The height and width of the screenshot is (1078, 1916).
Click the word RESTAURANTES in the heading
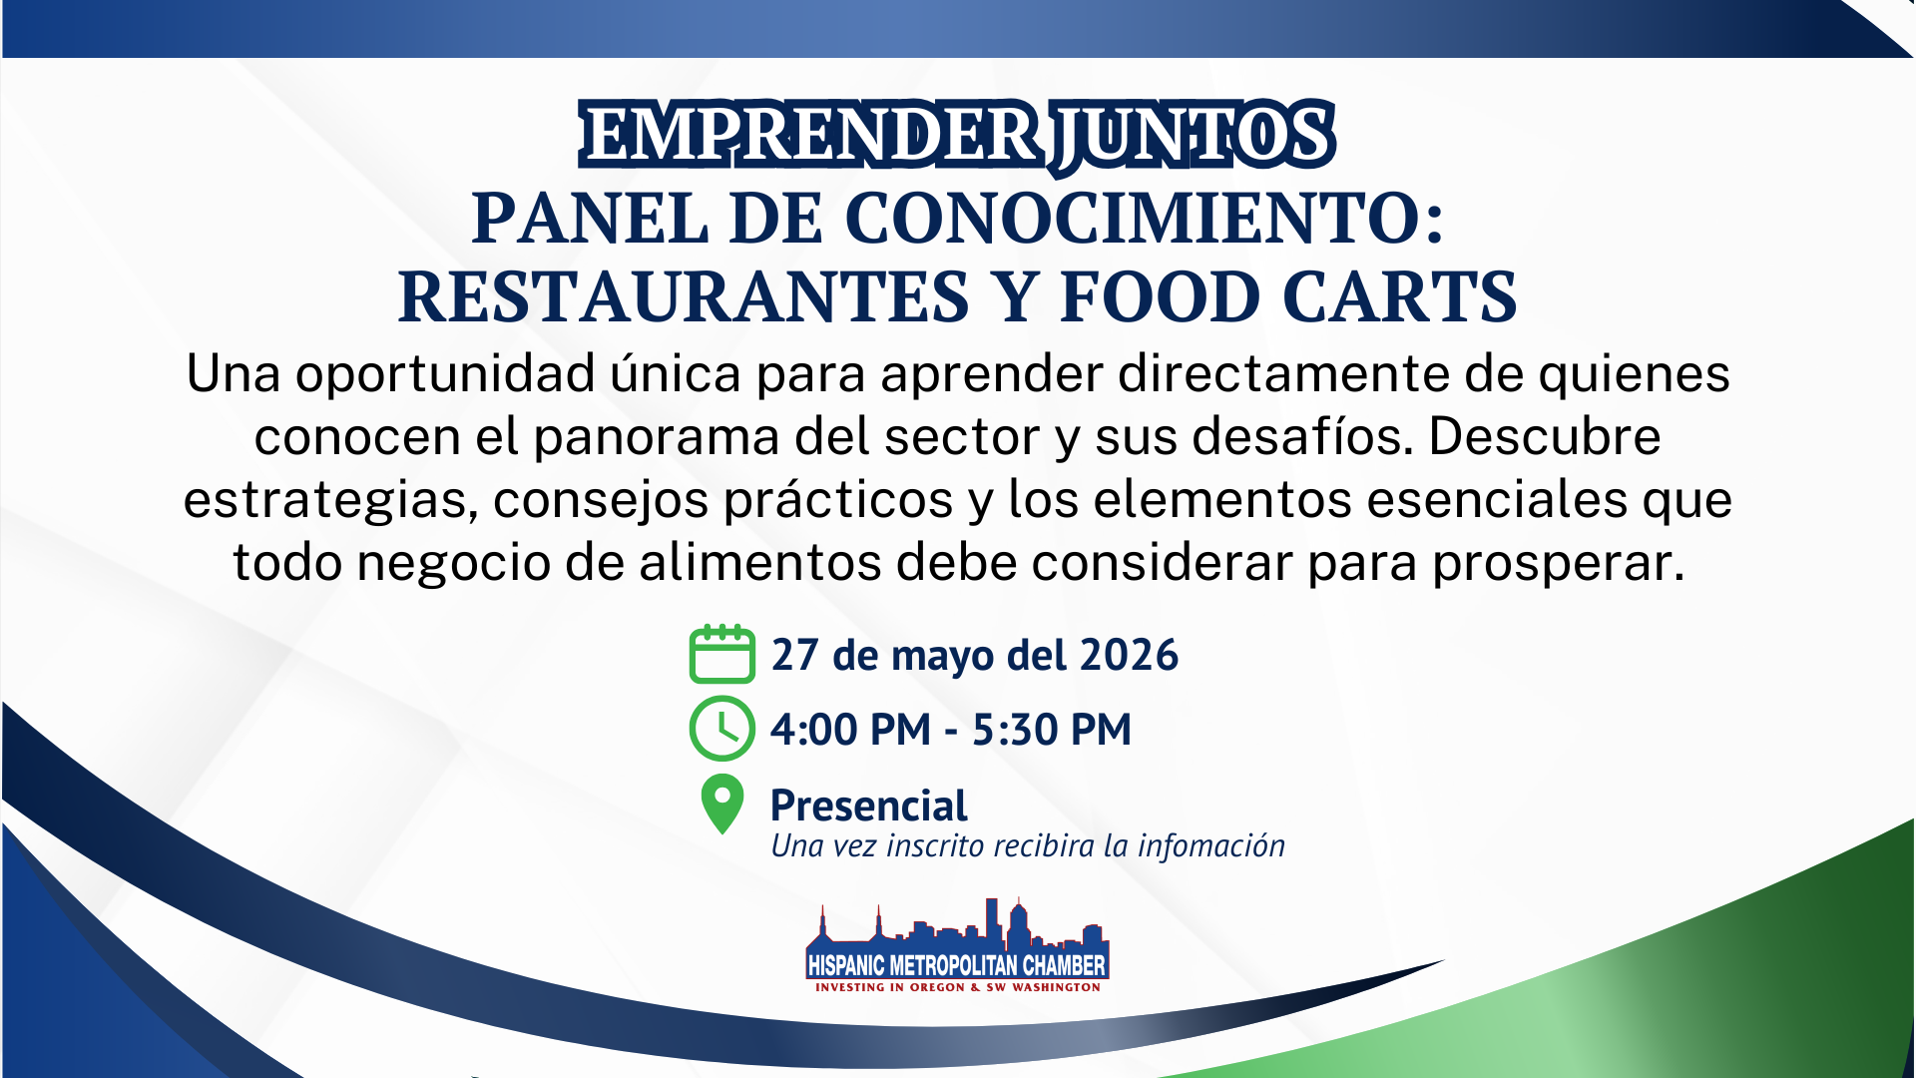[x=684, y=296]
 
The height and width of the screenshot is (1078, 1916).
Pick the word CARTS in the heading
[x=1399, y=296]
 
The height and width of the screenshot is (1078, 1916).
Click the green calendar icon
[x=721, y=655]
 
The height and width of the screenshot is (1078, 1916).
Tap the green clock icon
[x=721, y=729]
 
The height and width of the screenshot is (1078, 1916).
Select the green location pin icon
[x=722, y=804]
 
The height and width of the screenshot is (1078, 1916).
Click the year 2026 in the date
[x=1129, y=655]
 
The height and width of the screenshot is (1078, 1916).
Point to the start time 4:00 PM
[x=850, y=730]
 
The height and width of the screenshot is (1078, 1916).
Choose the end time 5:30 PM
[x=1052, y=730]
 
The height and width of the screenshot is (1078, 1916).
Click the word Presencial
[x=869, y=806]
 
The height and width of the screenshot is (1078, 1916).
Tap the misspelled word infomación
[x=1211, y=845]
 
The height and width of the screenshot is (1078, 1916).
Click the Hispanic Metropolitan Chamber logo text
[x=957, y=965]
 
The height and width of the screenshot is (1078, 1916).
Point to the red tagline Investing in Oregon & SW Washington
[x=958, y=987]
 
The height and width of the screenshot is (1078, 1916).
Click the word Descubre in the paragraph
[x=1544, y=436]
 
